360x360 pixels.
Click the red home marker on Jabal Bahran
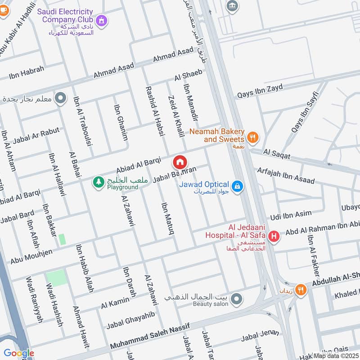pos(180,162)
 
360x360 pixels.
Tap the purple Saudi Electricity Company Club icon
pos(102,20)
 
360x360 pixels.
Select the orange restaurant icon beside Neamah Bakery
pos(253,138)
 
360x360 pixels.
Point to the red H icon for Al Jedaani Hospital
pos(273,235)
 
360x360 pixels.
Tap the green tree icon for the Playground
pos(98,182)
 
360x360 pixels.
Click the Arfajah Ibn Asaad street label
pos(285,175)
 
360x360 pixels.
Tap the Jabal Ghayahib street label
pos(130,320)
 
